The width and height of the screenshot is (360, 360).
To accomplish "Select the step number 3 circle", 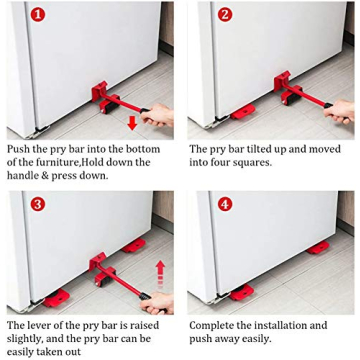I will (x=38, y=204).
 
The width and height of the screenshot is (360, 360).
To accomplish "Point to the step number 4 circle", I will (x=225, y=204).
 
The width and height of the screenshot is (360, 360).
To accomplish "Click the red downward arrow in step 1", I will (x=132, y=122).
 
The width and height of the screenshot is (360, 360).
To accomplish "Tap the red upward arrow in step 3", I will (x=159, y=271).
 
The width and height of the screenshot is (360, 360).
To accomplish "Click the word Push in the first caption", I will (x=20, y=148).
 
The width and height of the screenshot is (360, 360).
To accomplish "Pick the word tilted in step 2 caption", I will (x=259, y=148).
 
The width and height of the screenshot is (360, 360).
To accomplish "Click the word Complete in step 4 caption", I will (x=213, y=325).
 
